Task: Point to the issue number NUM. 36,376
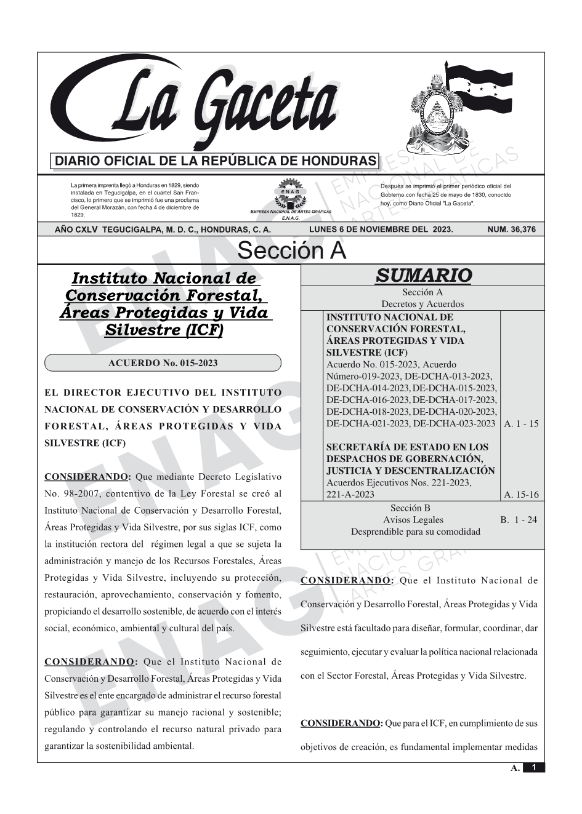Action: [511, 229]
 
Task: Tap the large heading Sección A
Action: [291, 251]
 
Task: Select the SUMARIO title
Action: [423, 275]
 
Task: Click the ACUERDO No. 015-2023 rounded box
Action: [163, 363]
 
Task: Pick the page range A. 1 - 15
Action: [520, 423]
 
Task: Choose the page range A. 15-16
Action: [521, 494]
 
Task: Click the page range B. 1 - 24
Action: [518, 520]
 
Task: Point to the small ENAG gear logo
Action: [291, 194]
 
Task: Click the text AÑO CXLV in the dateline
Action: [76, 229]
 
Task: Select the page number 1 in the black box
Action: [534, 767]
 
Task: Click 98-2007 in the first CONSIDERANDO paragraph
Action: [68, 493]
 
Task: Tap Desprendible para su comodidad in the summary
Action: [415, 532]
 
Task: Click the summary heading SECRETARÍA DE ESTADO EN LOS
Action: [406, 447]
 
